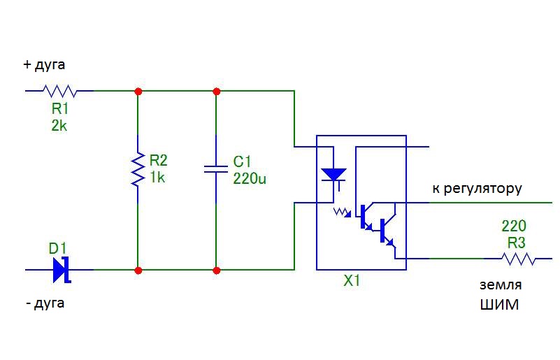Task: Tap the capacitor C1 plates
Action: coord(216,168)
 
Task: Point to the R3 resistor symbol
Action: coord(517,259)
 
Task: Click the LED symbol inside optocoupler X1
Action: coord(333,174)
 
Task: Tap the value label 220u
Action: coord(250,178)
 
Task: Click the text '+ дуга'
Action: coord(45,65)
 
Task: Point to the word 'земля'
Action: coord(501,285)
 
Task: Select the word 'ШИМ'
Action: coord(499,305)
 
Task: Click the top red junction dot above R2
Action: coord(138,91)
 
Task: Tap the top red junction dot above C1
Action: coord(216,91)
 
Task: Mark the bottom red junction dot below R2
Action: coord(138,270)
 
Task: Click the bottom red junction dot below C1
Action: coord(216,270)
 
